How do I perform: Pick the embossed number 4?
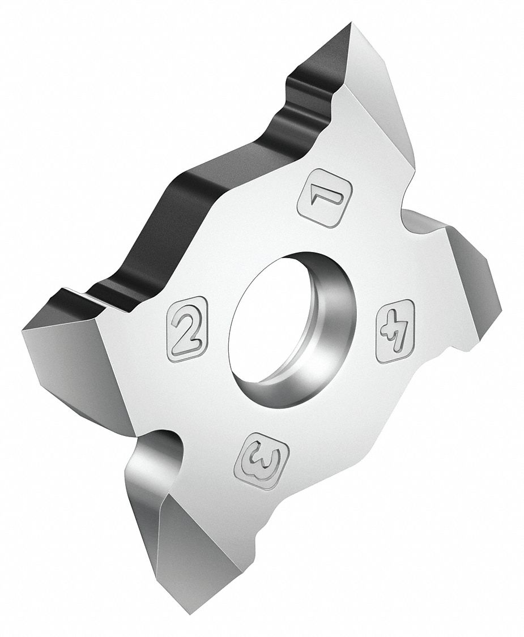pos(395,331)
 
